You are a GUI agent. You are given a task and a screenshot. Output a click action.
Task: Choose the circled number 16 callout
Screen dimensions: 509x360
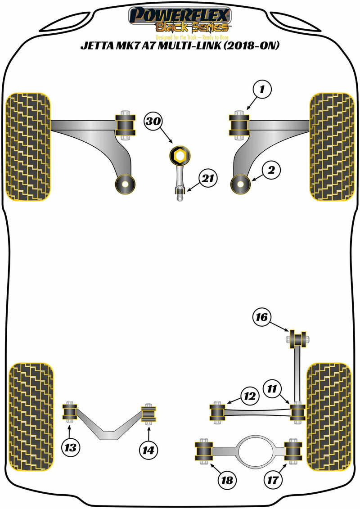(x=262, y=318)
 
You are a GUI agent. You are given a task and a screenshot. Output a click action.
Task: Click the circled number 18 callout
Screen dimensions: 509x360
(x=227, y=480)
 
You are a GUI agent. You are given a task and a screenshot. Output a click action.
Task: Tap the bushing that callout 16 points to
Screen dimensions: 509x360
(x=297, y=338)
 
